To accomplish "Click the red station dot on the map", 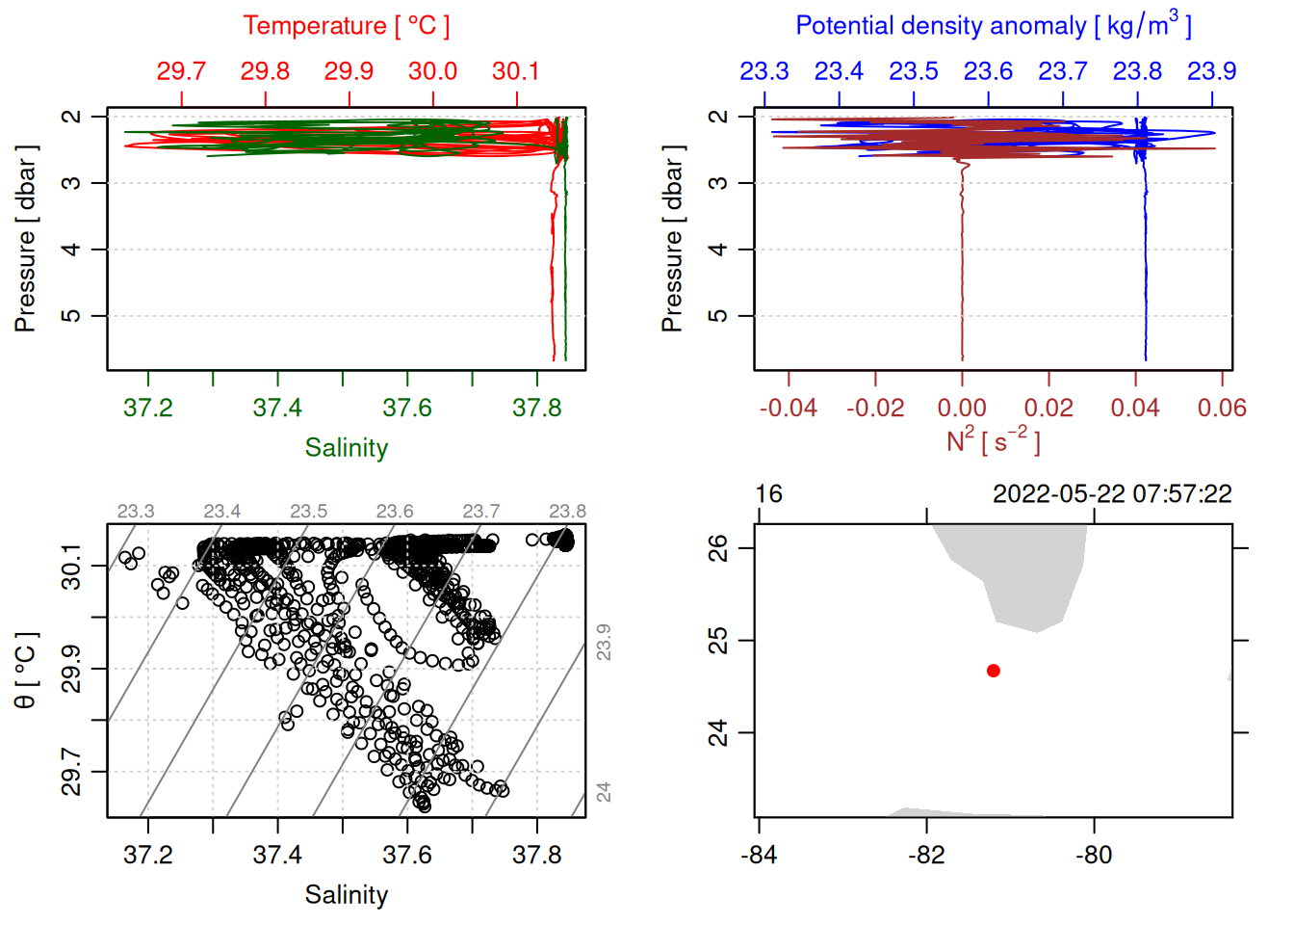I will click(993, 671).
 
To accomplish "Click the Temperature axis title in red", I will click(346, 26).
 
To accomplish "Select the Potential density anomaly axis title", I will click(993, 26).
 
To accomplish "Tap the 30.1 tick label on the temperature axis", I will click(515, 71).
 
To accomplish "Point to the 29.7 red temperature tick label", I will click(181, 71).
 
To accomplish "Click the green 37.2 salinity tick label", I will click(148, 408).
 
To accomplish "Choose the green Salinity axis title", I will click(346, 448).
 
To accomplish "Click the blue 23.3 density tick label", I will click(763, 71).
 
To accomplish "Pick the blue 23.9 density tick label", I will click(1211, 71).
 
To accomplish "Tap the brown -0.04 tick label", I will click(788, 409).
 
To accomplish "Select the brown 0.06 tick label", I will click(1222, 409).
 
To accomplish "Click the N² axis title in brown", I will click(993, 441).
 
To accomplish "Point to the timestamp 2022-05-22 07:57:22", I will click(1112, 494).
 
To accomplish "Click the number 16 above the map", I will click(768, 494).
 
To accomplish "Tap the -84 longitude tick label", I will click(759, 855).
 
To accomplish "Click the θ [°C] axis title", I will click(26, 671).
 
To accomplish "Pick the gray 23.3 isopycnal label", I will click(136, 511).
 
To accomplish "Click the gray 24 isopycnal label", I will click(604, 792).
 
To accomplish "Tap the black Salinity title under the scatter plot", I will click(346, 895).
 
